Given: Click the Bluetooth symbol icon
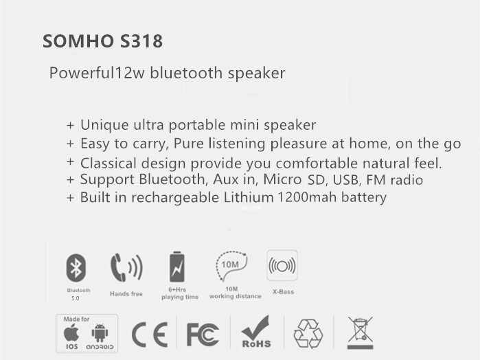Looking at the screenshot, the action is click(76, 268).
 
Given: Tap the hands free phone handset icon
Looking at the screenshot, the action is click(126, 267).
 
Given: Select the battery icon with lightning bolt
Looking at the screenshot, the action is click(177, 267).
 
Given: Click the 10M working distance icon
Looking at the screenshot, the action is click(231, 266).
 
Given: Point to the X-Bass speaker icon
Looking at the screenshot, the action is click(282, 265).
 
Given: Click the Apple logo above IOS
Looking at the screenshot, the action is click(71, 333).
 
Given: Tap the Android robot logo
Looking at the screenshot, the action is click(100, 333).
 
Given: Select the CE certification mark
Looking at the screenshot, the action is click(150, 335).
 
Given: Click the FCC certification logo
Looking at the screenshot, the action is click(203, 335).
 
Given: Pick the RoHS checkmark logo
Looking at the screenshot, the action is click(256, 332).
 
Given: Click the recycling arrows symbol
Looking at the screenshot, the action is click(308, 334).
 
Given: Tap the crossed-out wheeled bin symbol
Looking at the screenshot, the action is click(360, 333).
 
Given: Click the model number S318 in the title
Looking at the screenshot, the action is click(141, 41).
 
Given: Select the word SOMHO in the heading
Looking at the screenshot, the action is click(78, 41).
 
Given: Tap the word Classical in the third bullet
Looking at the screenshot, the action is click(108, 163).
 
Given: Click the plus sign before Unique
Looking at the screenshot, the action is click(71, 125).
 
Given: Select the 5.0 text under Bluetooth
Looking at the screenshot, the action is click(76, 298).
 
